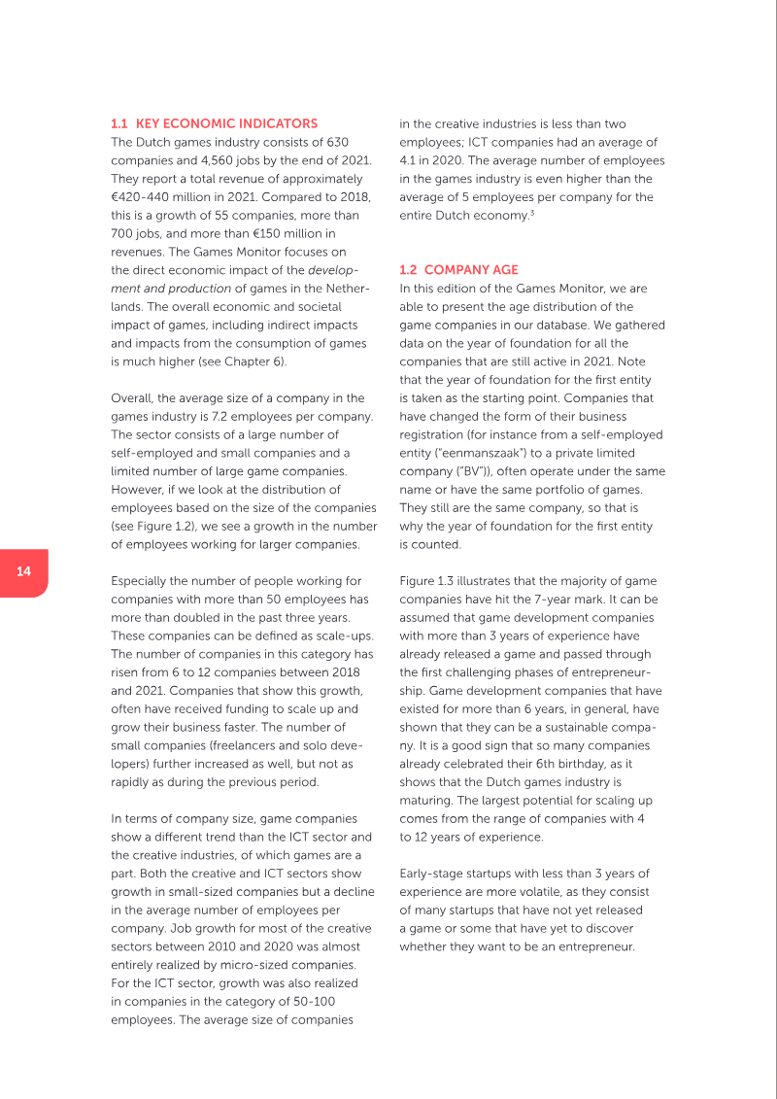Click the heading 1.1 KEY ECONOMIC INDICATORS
[x=214, y=123]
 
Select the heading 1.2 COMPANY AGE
[x=458, y=269]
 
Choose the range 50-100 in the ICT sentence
[x=307, y=1001]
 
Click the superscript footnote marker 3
[x=531, y=212]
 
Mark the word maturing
[x=428, y=800]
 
